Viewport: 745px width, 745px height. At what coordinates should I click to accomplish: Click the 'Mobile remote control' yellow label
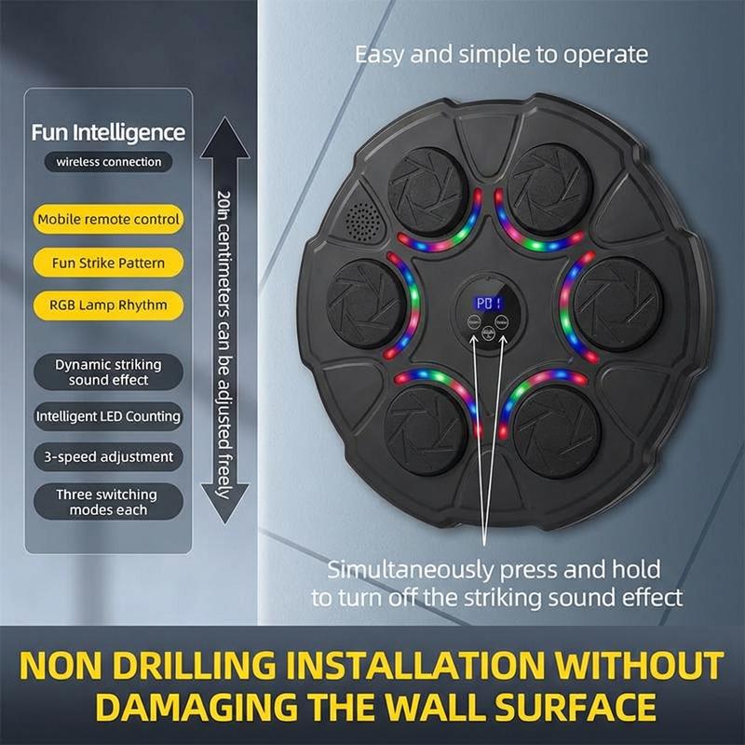point(108,219)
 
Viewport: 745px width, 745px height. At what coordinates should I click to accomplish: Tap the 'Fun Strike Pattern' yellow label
point(108,263)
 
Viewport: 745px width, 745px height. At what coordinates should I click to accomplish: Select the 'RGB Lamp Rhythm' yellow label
point(108,305)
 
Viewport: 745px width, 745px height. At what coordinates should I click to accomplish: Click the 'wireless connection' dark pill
point(108,162)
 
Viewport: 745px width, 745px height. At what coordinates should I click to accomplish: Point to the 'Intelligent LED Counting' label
point(108,416)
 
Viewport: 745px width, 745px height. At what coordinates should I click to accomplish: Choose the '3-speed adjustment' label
point(108,456)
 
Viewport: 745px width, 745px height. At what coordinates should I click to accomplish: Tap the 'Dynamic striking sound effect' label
point(108,372)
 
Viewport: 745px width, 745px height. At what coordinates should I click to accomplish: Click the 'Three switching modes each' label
point(108,502)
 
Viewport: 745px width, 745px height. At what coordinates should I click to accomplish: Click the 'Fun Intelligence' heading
point(108,132)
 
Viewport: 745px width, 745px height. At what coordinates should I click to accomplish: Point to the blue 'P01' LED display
point(488,304)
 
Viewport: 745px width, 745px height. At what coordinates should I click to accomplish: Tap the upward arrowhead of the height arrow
point(224,138)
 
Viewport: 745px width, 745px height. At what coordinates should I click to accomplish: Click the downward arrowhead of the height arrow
point(224,504)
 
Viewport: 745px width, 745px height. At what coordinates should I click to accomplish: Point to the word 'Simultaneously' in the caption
point(410,570)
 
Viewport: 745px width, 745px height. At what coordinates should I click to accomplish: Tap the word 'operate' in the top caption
point(605,55)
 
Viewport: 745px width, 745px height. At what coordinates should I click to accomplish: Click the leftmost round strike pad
point(366,305)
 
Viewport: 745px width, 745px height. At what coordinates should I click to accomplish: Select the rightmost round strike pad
point(617,305)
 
